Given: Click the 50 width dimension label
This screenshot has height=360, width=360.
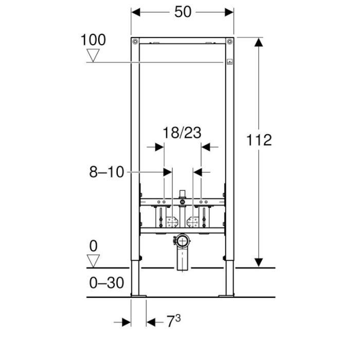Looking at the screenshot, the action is tap(183, 12).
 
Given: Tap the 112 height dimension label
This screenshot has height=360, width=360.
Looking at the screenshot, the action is tap(259, 140).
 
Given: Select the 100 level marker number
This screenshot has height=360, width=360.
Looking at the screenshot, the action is tap(93, 40).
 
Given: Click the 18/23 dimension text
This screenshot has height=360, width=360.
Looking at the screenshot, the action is tap(182, 133).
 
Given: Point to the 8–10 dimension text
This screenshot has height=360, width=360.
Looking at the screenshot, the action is tap(106, 172).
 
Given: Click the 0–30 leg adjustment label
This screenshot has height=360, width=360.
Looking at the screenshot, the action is tap(106, 283).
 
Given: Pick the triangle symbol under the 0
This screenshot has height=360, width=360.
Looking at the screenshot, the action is tap(93, 261).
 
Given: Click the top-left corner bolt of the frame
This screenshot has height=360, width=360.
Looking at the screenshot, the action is tap(135, 42).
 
